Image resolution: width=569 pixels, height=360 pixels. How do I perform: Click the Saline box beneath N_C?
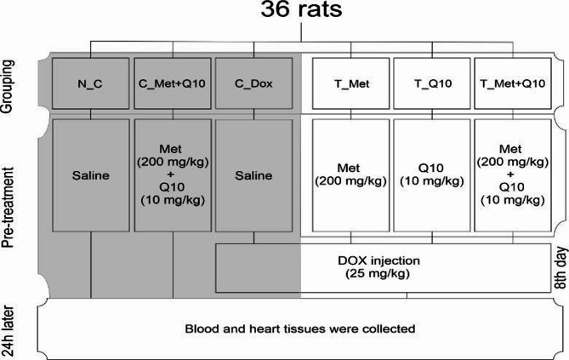tap(91, 175)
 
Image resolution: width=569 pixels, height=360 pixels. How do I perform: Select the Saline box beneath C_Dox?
tap(256, 175)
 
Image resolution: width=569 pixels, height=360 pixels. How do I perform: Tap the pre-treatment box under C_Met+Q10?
tap(174, 175)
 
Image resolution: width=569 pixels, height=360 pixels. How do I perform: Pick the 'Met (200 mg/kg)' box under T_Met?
tap(350, 175)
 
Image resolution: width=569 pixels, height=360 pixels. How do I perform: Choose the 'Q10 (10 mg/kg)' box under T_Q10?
tap(433, 175)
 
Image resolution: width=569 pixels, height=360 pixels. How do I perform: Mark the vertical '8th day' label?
tap(560, 268)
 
